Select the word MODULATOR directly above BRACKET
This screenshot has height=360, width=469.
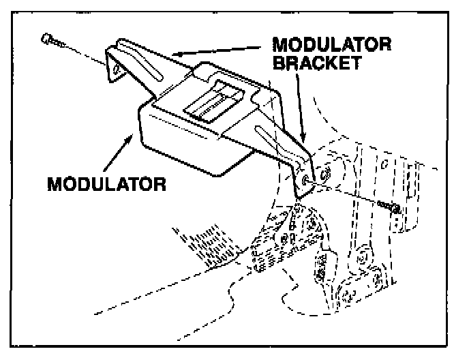coord(331,45)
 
